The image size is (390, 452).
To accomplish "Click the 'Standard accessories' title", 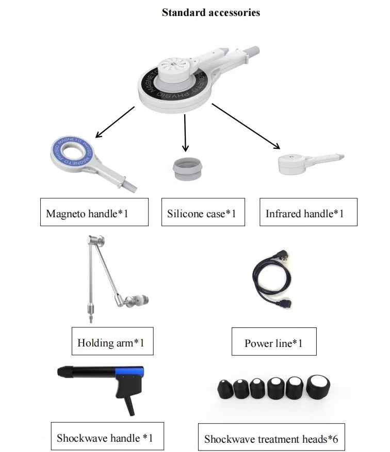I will [x=210, y=12].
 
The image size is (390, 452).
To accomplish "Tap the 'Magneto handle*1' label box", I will [x=94, y=212].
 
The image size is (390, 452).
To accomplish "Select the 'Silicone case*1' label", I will [x=201, y=212].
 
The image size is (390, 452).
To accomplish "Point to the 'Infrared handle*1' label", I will [x=308, y=212].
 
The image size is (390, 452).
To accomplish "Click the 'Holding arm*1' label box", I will [x=112, y=341].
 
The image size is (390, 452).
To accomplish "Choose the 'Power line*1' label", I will [x=273, y=342].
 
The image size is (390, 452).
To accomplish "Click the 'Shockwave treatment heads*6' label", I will [x=271, y=438].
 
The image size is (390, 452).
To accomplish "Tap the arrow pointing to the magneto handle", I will [x=115, y=123].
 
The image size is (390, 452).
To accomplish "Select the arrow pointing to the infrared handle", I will [x=245, y=126].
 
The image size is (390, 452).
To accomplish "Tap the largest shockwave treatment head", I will [x=318, y=386].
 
